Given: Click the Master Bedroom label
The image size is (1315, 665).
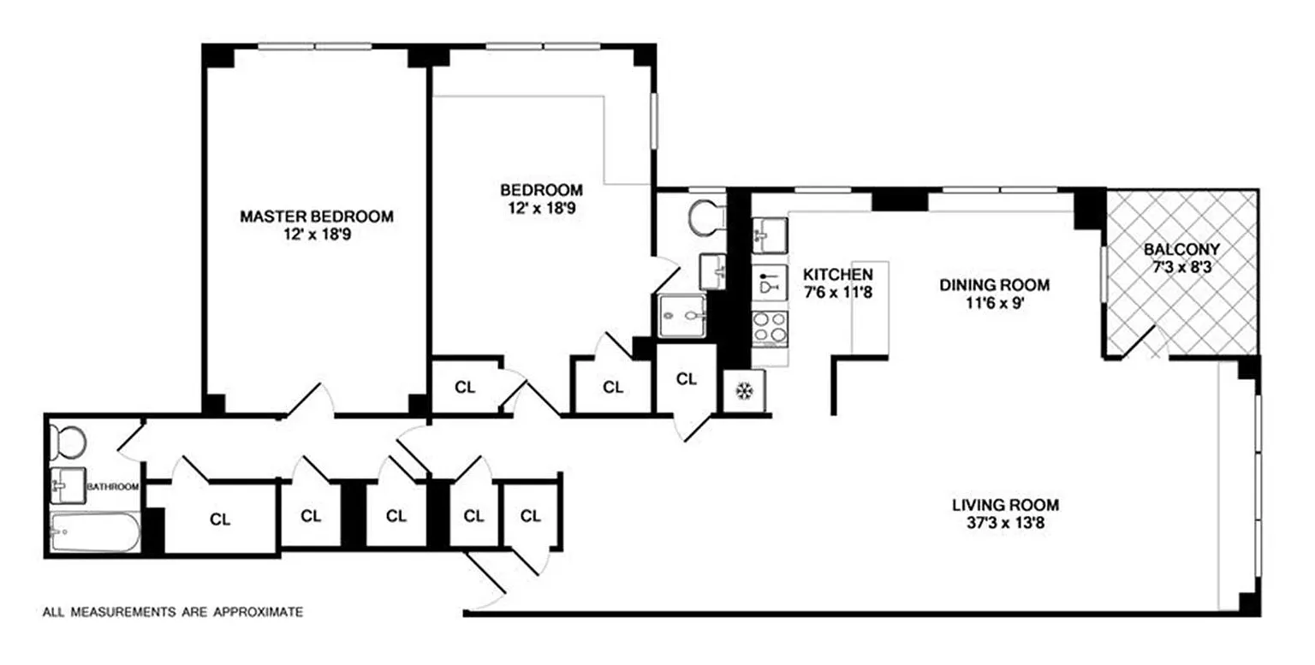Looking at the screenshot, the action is coord(317,217).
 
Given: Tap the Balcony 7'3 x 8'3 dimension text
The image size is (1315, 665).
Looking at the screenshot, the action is coord(1181,268).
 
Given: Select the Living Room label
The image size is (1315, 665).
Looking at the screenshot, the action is coord(1006,505).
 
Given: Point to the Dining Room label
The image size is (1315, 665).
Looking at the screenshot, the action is coord(995,285).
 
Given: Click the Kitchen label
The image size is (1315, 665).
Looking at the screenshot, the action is coord(838,274).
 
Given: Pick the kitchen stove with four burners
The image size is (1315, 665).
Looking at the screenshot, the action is coord(771,328).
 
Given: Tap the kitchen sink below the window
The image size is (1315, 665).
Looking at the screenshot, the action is coord(770,235).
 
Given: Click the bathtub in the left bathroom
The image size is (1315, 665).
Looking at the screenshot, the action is coord(95,532).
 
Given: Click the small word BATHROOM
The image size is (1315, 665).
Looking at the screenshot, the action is coord(113,487).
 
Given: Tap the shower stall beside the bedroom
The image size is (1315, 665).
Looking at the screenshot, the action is coord(681,316).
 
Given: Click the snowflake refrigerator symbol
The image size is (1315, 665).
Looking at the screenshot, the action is coord(744,390).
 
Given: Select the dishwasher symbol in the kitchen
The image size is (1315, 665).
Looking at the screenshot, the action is coord(770,282).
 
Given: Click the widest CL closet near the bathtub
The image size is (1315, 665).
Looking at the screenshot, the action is coord(220,520).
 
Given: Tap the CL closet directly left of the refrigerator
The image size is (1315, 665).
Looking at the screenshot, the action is coord(687,379).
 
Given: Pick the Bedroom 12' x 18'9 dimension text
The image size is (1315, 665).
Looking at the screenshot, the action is coord(541,208).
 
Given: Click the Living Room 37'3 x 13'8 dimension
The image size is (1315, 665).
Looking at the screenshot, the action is coord(1006,522).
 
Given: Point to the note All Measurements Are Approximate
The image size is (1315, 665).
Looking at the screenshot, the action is coord(173,612).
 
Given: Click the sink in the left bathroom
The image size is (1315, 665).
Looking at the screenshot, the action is coord(68,485).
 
